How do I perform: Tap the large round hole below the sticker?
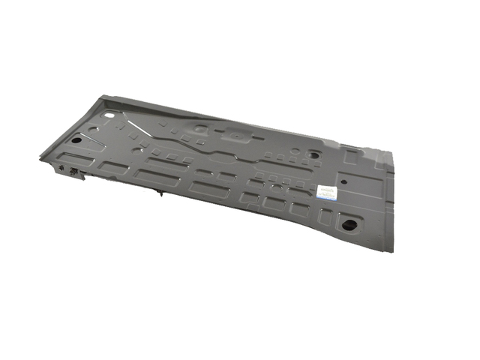347,223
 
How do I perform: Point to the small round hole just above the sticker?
344,181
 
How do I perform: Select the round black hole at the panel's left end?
77,140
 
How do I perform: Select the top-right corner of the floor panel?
391,152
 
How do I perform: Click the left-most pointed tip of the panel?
40,158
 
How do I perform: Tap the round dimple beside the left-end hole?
93,129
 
